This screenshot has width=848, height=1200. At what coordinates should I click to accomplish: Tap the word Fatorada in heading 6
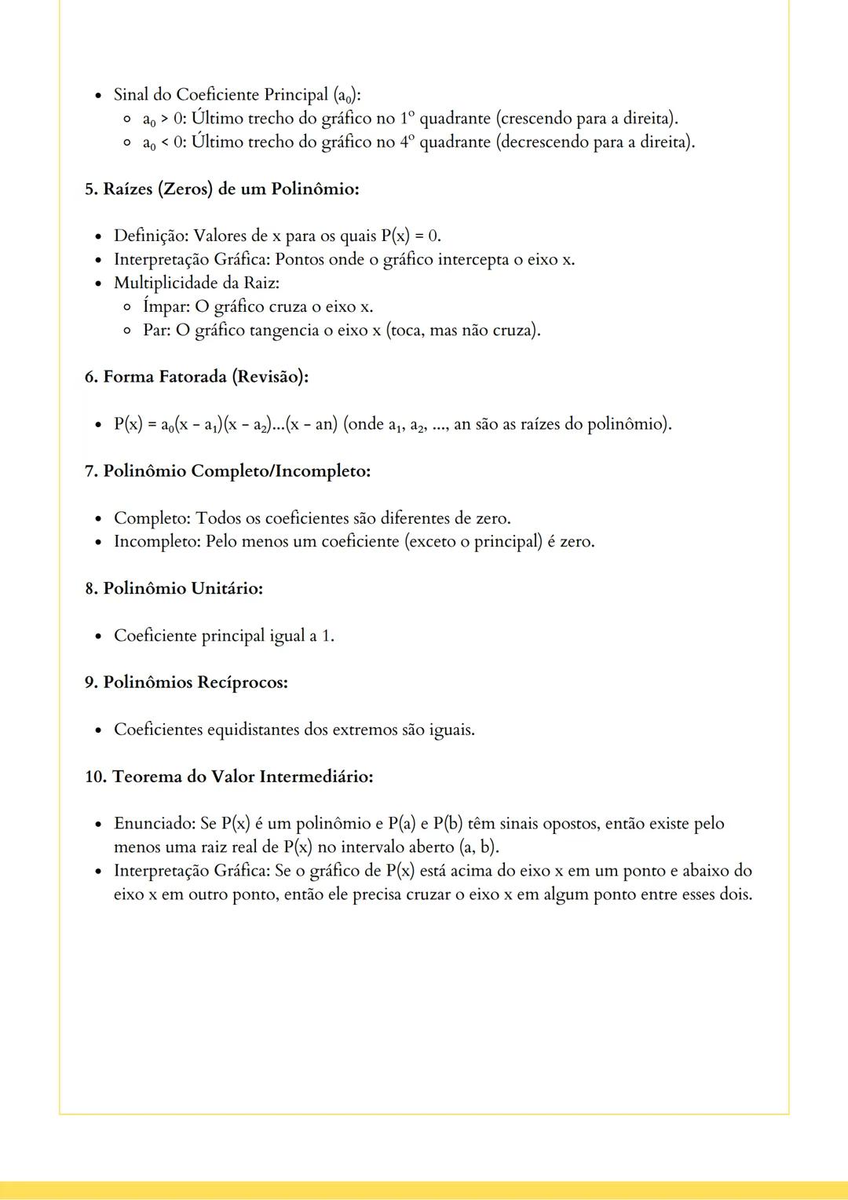click(x=192, y=377)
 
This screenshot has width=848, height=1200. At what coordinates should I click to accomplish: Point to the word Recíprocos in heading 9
click(x=243, y=682)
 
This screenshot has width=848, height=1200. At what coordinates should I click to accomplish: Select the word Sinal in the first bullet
click(x=131, y=95)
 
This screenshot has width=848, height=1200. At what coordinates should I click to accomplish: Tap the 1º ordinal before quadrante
click(x=406, y=119)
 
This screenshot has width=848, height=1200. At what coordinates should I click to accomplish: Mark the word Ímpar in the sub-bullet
click(x=166, y=306)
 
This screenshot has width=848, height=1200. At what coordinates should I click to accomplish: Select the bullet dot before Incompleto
click(x=98, y=543)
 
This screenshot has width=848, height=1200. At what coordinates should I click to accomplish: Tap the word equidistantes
click(x=254, y=730)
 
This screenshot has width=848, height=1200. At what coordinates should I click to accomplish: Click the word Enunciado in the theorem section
click(x=154, y=824)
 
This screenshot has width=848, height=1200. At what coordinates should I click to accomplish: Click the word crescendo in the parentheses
click(x=535, y=119)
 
